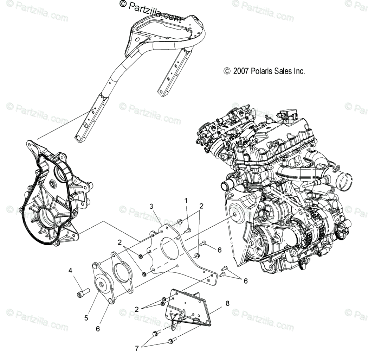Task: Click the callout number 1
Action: tap(186, 201)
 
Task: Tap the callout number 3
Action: tap(151, 207)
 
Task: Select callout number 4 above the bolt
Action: tap(70, 271)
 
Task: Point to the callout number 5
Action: tap(86, 318)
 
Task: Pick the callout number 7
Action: tap(137, 348)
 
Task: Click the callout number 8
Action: tap(227, 303)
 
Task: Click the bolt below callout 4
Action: tap(83, 292)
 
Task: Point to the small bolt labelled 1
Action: tap(187, 230)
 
